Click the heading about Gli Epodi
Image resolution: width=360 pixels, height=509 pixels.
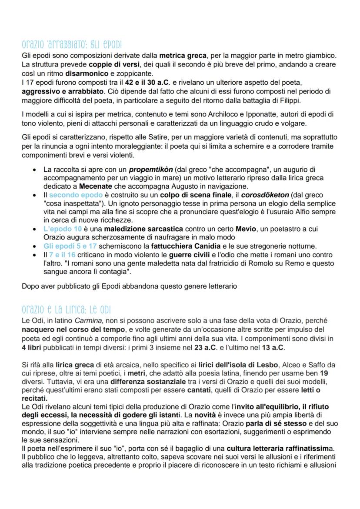pos(72,45)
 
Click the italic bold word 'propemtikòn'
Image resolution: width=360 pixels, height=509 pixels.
pos(148,169)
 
